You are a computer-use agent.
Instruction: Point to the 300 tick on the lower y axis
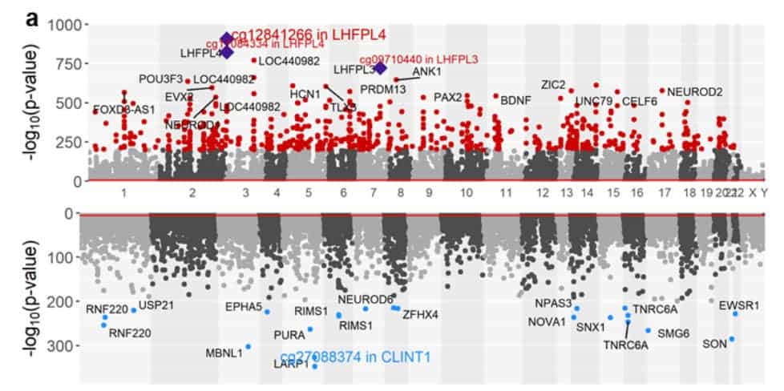click(x=64, y=345)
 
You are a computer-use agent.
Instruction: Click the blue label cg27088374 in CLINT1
click(x=355, y=357)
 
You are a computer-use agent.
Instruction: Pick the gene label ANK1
click(x=426, y=72)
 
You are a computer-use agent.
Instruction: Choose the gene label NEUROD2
click(x=694, y=91)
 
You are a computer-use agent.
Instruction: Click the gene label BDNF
click(x=515, y=100)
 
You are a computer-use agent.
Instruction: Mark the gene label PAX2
click(x=448, y=97)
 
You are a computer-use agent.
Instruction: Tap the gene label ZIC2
click(x=553, y=84)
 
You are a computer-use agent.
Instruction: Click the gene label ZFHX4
click(x=420, y=315)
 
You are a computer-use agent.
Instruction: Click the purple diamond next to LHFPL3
click(x=381, y=69)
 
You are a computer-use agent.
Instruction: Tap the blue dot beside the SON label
click(x=732, y=339)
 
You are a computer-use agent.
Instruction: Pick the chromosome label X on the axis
click(x=752, y=193)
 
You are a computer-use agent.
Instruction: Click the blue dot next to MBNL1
click(x=249, y=346)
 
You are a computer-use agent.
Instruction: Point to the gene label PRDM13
click(x=382, y=89)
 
